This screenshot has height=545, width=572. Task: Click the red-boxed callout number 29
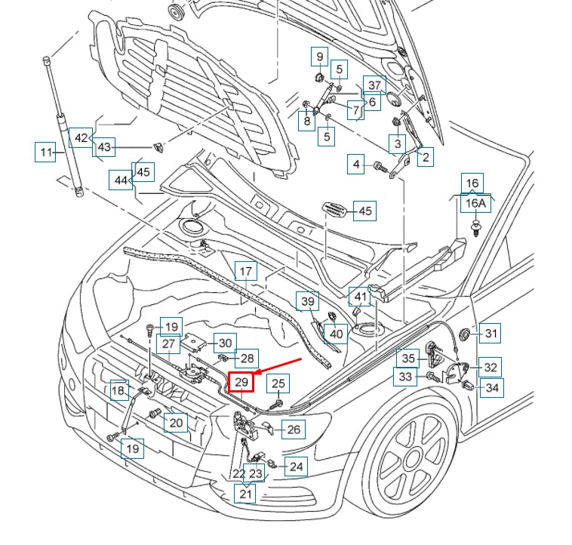tap(241, 382)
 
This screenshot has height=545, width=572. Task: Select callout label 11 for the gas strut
tap(47, 152)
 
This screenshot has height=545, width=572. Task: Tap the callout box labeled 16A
tap(475, 204)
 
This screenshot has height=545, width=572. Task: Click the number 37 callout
tap(374, 85)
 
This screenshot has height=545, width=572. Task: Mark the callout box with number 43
tap(104, 147)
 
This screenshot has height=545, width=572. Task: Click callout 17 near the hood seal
tap(246, 272)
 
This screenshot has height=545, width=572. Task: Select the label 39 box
tap(306, 302)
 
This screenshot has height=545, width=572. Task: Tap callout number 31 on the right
tap(491, 333)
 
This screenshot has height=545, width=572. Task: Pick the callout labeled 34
tap(492, 388)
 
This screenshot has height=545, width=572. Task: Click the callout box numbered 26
tap(294, 430)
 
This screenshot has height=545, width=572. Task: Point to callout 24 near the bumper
tap(297, 466)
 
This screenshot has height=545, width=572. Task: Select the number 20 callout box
tap(176, 422)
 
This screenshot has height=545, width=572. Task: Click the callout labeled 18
tap(118, 390)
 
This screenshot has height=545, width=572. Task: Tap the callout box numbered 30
tap(224, 342)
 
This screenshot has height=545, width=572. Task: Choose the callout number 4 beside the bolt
tap(357, 164)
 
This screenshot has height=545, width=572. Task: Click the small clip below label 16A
tap(475, 227)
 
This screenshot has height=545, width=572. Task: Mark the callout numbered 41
tap(361, 297)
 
